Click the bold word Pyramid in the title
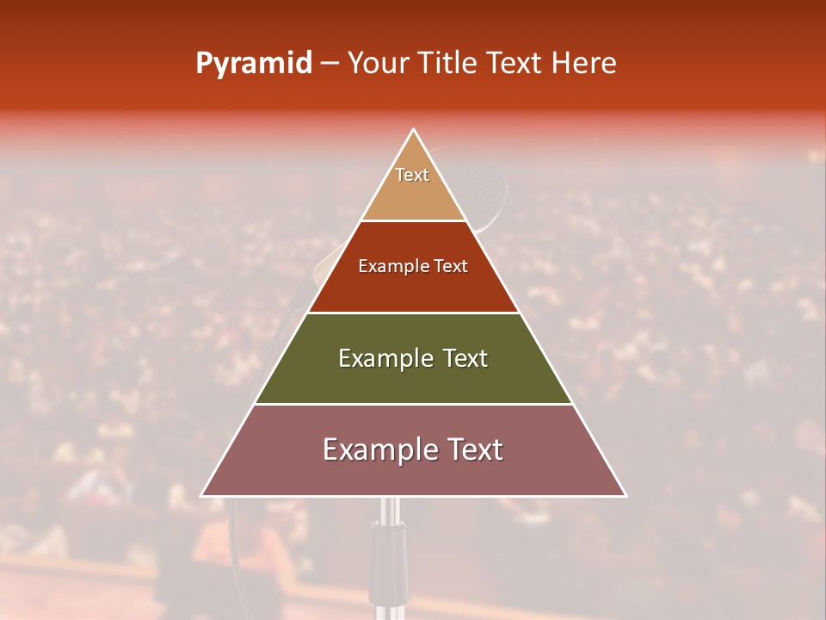click(254, 64)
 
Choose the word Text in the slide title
click(516, 64)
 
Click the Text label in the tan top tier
click(412, 175)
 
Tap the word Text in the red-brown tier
click(451, 267)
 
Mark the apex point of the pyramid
click(413, 130)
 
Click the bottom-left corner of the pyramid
click(202, 495)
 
